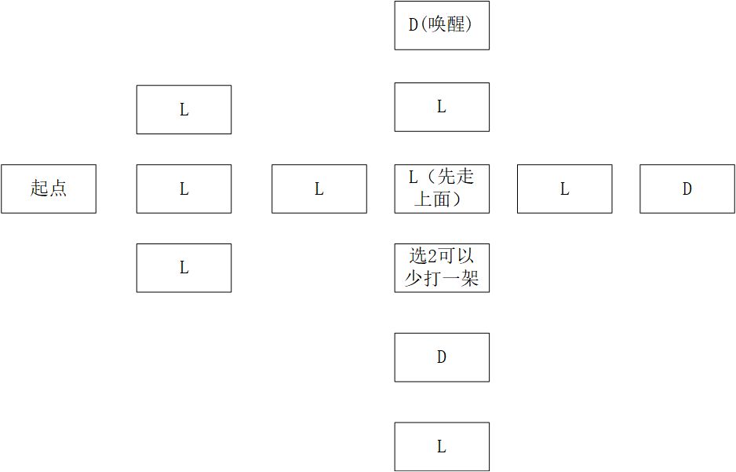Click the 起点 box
tap(49, 188)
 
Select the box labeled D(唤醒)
tap(442, 25)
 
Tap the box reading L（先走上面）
tap(442, 188)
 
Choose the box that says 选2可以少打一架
tap(442, 268)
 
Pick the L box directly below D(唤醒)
tap(442, 107)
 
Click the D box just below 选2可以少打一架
tap(442, 357)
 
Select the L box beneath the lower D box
tap(442, 447)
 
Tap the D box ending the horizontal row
tap(687, 188)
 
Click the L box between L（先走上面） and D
tap(565, 188)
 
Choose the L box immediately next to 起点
tap(184, 188)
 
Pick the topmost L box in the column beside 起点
tap(184, 109)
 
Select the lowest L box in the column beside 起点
tap(184, 268)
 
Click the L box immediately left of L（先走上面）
tap(319, 188)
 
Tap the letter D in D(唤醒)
tap(413, 25)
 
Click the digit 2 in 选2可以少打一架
tap(432, 257)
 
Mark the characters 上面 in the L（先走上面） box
tap(432, 199)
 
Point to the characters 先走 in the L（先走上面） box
tap(455, 177)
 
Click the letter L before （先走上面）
tap(413, 177)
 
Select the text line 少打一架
tap(442, 279)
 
